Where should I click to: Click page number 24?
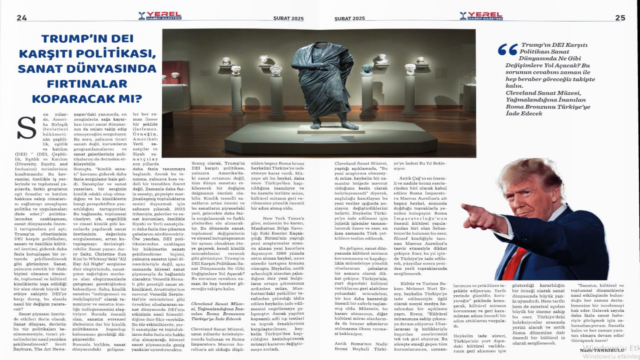[x=22, y=18]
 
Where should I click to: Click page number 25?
[x=620, y=18]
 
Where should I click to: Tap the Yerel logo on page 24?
[x=160, y=16]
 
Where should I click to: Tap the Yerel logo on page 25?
[x=481, y=16]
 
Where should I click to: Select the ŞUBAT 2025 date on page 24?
[x=288, y=19]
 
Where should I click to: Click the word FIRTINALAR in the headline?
[x=87, y=84]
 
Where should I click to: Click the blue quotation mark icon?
[x=508, y=50]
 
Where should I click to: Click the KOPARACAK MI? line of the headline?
[x=87, y=99]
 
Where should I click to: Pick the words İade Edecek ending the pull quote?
[x=524, y=114]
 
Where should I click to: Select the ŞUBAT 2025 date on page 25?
[x=349, y=19]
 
